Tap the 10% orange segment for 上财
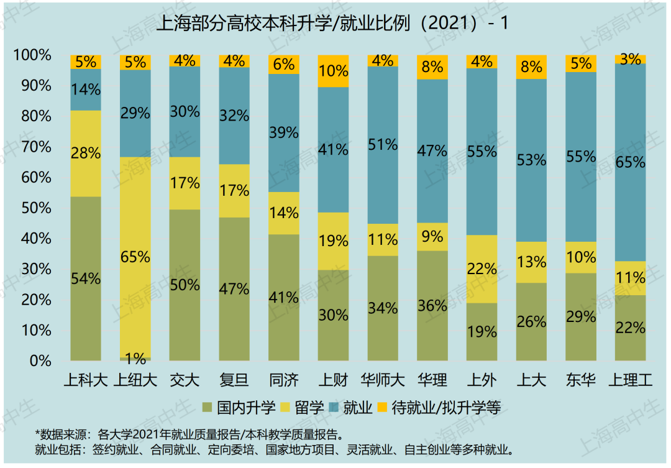[333, 71]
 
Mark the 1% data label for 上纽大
[135, 358]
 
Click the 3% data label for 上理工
[631, 60]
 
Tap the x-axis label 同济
[284, 379]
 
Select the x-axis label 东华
[581, 379]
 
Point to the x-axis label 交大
[185, 379]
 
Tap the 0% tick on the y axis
[39, 360]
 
